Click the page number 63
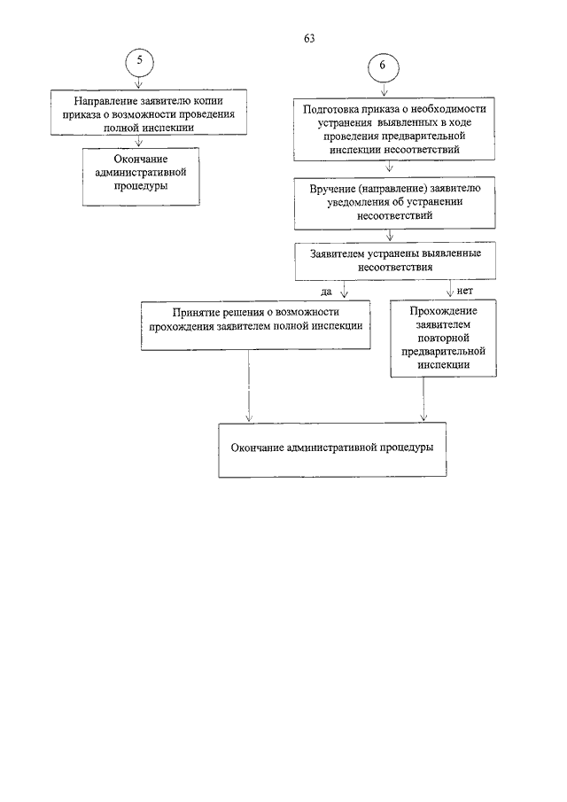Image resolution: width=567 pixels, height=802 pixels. (x=309, y=38)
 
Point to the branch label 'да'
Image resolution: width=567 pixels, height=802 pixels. (x=326, y=292)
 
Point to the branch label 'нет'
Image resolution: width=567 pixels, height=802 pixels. (x=465, y=291)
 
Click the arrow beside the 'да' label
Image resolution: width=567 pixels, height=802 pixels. (x=344, y=289)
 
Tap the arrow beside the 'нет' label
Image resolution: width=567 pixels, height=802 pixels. (x=450, y=289)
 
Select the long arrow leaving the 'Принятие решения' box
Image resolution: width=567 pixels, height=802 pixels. (x=249, y=386)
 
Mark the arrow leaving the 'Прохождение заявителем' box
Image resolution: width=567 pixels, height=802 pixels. (x=423, y=400)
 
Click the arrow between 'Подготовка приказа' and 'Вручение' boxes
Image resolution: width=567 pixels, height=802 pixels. (x=389, y=167)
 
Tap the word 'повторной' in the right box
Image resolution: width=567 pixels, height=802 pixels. (x=443, y=339)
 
